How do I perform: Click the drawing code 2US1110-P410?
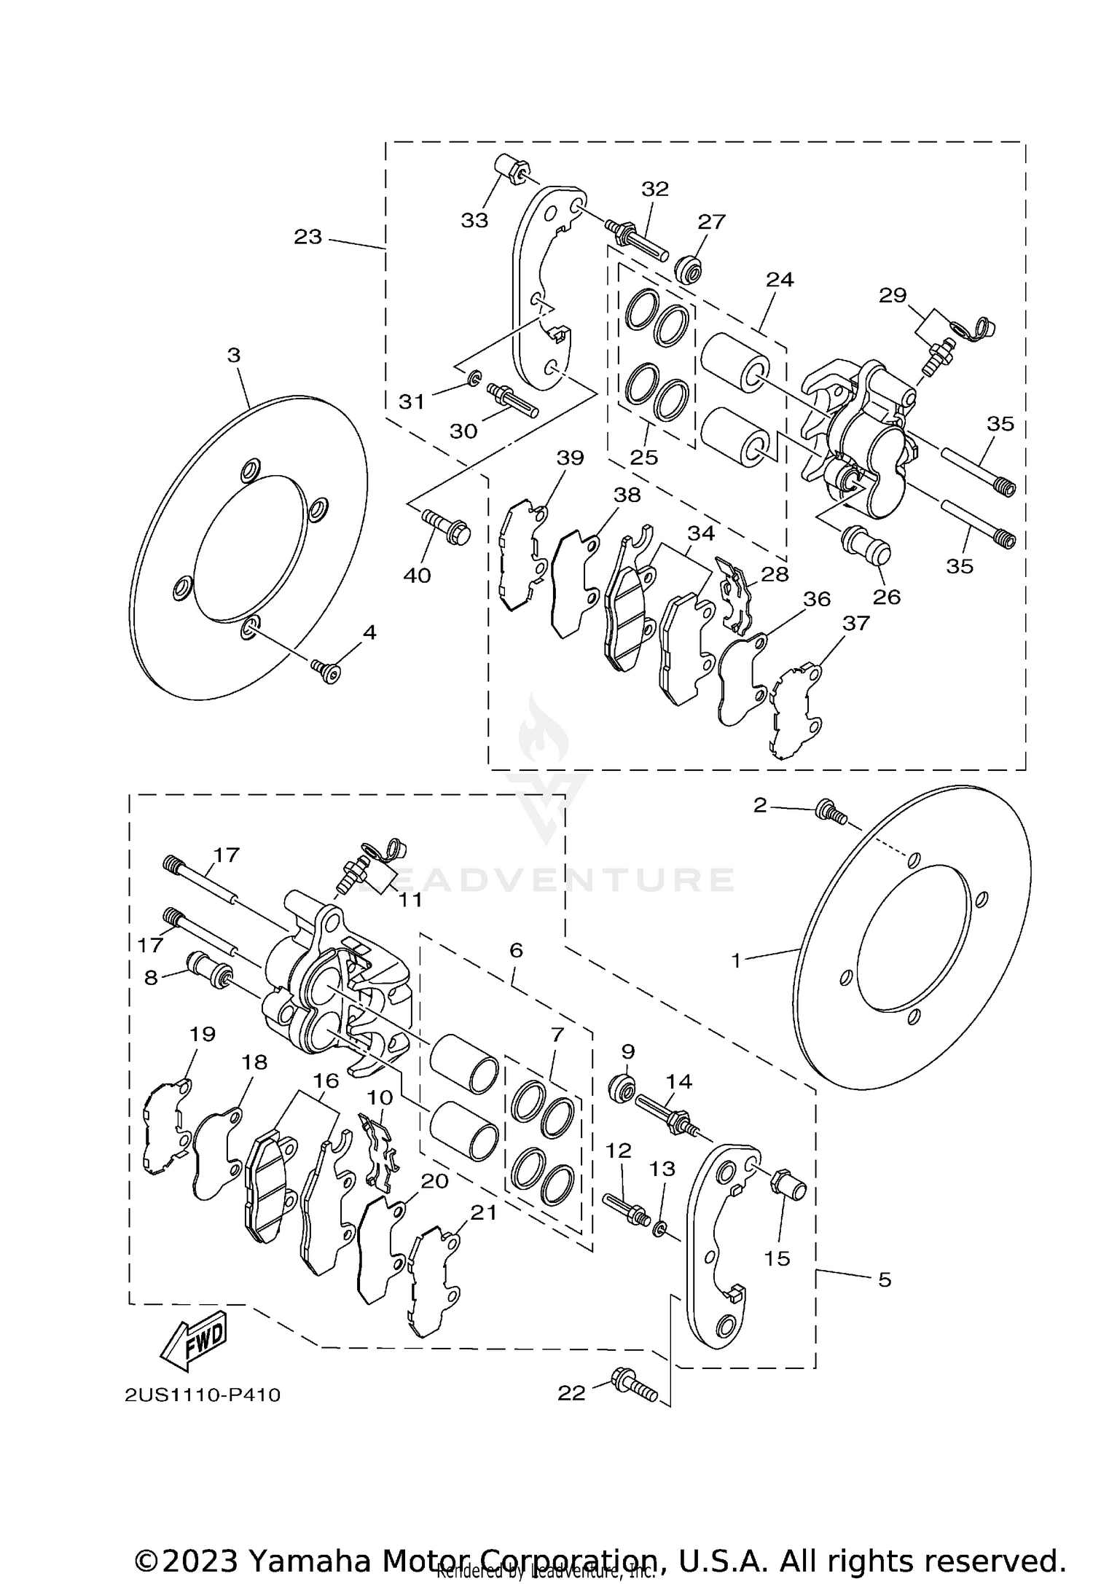(x=202, y=1395)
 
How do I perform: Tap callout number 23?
(x=307, y=237)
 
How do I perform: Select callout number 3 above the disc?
(x=233, y=355)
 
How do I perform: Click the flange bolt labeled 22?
(x=634, y=1384)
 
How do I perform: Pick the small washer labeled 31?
(x=474, y=377)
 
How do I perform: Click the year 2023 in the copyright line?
(x=200, y=1542)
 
